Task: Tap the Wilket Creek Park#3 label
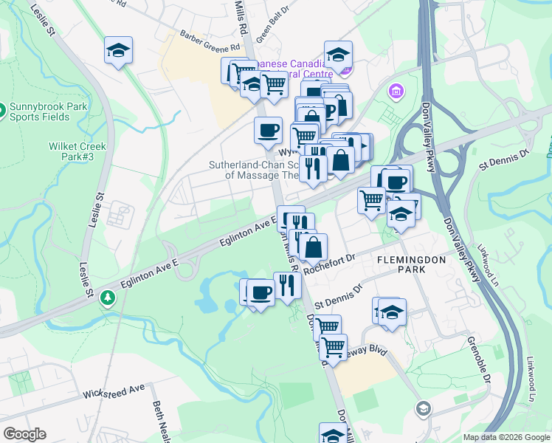(x=77, y=151)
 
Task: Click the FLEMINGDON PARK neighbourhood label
(x=402, y=265)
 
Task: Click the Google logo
(x=24, y=434)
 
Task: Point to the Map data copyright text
(x=506, y=437)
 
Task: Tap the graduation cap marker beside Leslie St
(x=118, y=51)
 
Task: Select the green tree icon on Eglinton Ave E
(x=108, y=297)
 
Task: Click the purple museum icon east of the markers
(x=397, y=91)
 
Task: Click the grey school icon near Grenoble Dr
(x=423, y=408)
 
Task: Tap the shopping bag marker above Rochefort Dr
(x=313, y=248)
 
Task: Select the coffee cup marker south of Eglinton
(x=261, y=292)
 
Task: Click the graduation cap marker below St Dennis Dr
(x=392, y=312)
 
